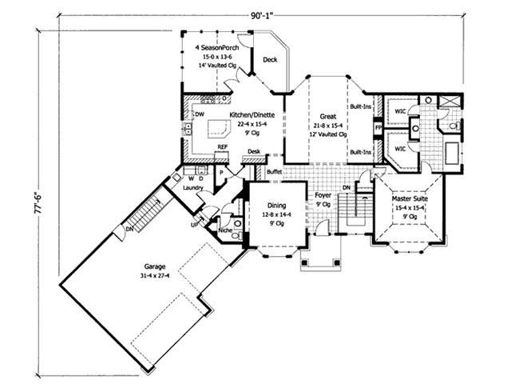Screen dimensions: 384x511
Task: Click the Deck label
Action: pyautogui.click(x=270, y=60)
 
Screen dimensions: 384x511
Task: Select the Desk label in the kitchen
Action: pyautogui.click(x=253, y=151)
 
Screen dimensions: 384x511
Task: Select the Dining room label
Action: pyautogui.click(x=276, y=204)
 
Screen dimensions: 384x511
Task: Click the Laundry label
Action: pyautogui.click(x=192, y=188)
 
